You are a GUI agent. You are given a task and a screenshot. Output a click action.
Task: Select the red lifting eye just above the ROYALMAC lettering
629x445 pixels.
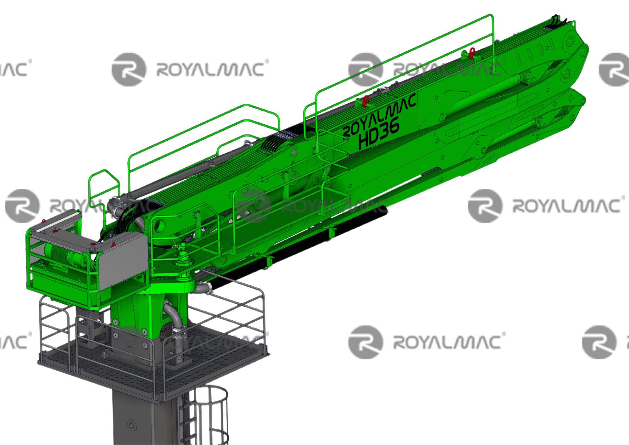(x=365, y=101)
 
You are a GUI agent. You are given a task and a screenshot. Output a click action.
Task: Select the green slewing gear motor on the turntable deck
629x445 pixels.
(x=183, y=252)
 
